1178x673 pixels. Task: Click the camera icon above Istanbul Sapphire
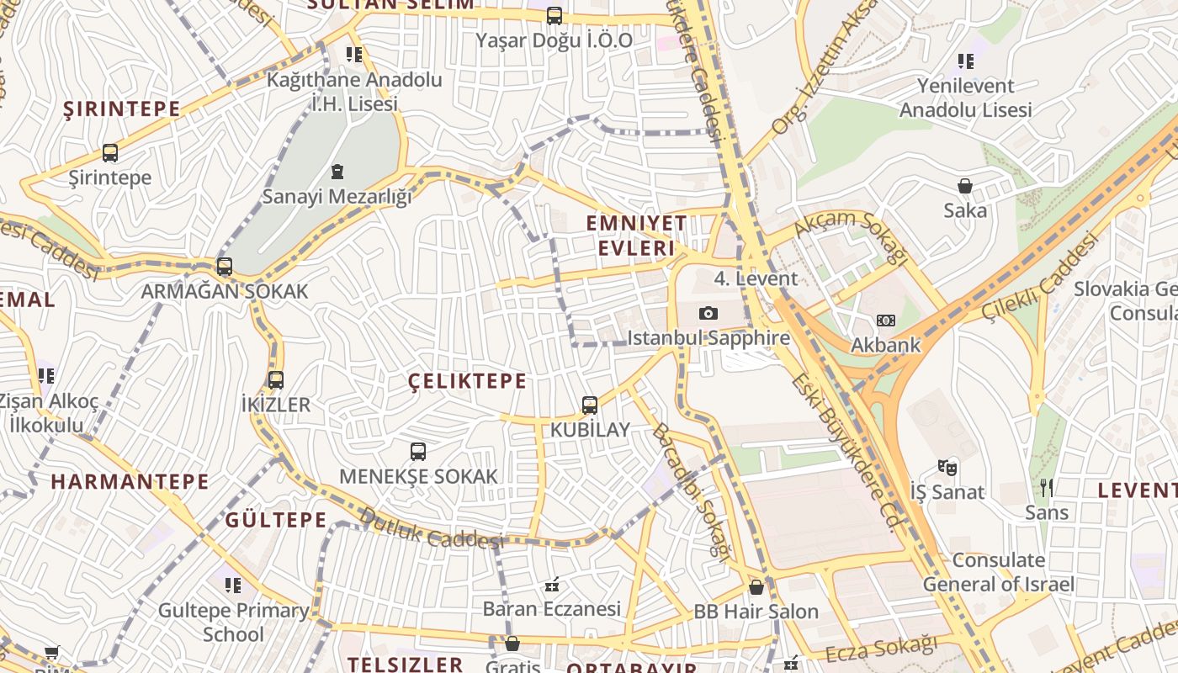click(708, 314)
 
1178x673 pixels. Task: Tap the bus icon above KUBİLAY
click(590, 405)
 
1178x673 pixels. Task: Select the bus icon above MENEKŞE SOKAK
click(418, 452)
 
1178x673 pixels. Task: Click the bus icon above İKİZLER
click(276, 380)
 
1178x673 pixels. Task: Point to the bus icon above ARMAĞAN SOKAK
click(225, 267)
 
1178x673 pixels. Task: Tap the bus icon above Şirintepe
click(110, 153)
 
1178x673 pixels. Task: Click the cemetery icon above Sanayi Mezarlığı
click(337, 172)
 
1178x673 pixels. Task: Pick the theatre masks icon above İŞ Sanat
click(947, 467)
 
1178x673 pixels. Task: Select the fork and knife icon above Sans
click(1047, 487)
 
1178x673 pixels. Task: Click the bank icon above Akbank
click(886, 321)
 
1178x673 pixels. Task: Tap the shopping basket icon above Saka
click(965, 186)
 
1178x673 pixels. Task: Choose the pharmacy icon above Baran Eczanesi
click(552, 584)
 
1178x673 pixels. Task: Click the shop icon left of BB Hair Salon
click(756, 587)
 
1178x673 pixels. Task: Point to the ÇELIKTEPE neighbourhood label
click(467, 381)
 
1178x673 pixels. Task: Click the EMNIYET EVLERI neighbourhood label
click(636, 236)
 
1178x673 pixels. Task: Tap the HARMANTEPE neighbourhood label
click(130, 482)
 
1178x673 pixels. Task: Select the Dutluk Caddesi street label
click(430, 527)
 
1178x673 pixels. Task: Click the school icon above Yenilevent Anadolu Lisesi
click(965, 61)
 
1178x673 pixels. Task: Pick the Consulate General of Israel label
click(999, 572)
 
